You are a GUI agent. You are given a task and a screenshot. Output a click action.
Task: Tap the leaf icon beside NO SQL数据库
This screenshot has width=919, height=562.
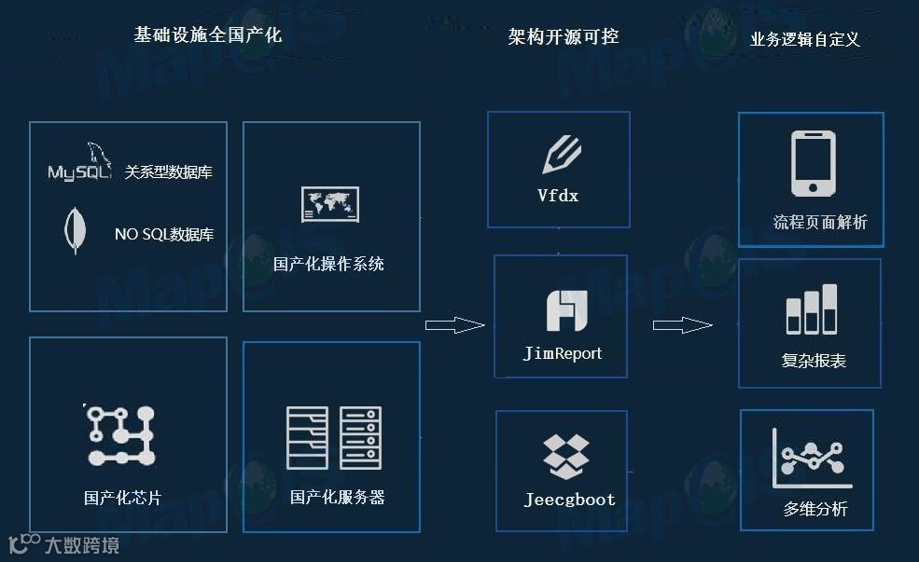(72, 232)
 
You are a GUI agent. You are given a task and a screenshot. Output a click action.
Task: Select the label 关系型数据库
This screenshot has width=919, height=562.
(169, 172)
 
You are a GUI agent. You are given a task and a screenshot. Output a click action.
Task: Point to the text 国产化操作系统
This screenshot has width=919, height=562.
(328, 264)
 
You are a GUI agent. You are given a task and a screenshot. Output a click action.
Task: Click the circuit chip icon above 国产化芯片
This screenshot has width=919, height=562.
(120, 434)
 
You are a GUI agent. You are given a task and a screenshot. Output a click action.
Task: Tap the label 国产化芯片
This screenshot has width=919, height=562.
(122, 498)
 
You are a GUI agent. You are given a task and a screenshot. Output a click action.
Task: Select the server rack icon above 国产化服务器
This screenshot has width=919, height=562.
(333, 437)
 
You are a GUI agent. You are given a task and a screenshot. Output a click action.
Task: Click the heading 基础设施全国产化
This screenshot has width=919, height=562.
(207, 35)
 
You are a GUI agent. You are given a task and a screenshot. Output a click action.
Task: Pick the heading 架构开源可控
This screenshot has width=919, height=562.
(564, 36)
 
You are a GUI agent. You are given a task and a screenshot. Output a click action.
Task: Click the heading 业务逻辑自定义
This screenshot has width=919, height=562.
(805, 39)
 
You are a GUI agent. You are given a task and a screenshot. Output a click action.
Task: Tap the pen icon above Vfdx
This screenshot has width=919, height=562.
(561, 155)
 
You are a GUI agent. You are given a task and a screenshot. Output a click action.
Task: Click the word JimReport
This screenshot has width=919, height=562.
(563, 353)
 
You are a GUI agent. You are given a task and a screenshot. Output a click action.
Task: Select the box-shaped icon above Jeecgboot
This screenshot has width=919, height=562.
(566, 457)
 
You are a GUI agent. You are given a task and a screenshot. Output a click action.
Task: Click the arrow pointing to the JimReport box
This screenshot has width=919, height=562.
(454, 325)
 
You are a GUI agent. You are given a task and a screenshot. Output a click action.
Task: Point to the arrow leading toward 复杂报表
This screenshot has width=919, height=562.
(682, 325)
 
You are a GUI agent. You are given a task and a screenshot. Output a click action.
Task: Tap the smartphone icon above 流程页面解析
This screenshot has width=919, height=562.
(813, 164)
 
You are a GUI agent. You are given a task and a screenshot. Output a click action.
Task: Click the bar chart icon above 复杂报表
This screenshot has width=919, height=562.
(812, 309)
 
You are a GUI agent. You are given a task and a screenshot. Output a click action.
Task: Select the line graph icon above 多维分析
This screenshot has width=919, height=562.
(810, 457)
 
